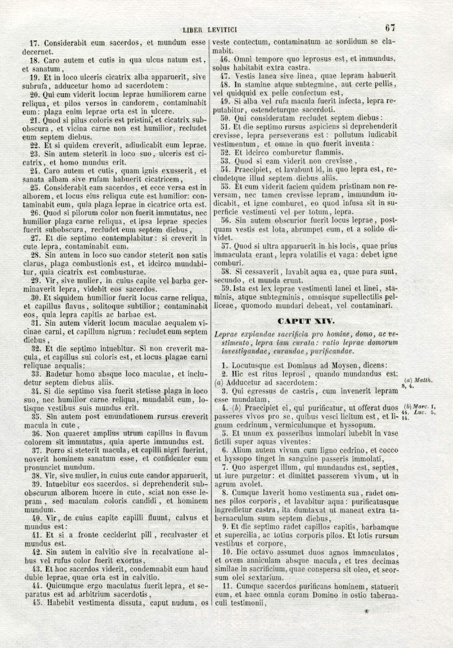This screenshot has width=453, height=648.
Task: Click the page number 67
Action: [x=390, y=29]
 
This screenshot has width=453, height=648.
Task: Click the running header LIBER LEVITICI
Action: [x=210, y=30]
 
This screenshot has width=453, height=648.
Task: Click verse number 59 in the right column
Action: [x=226, y=289]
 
